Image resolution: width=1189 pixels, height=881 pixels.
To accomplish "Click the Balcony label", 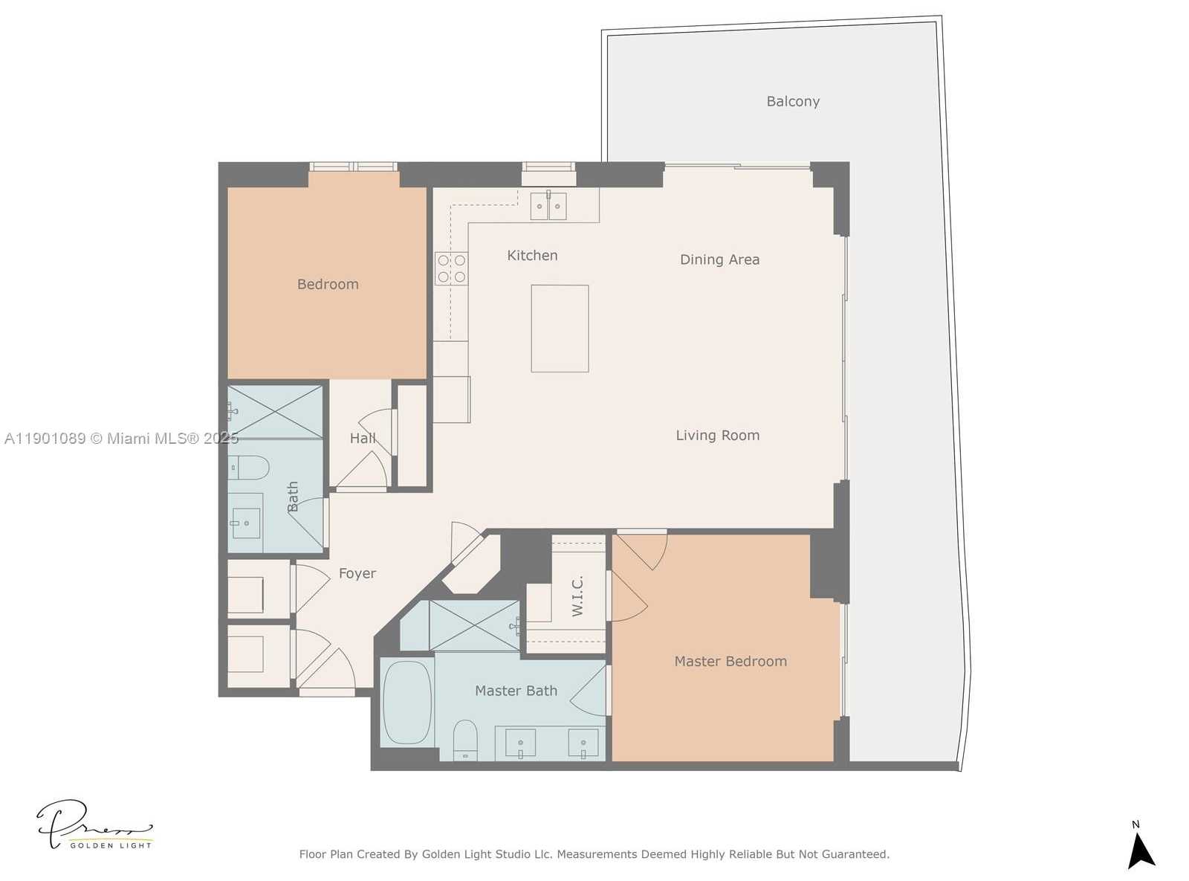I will pos(793,101).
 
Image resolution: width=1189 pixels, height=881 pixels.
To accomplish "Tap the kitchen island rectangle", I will pos(560,328).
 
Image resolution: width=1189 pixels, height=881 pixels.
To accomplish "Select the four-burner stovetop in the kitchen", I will pos(451,268).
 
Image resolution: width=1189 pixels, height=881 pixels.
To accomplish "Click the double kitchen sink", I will pos(548,206).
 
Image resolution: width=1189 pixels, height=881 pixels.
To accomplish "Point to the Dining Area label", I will pos(719,259).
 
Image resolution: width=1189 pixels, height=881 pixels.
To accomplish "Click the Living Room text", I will pos(717,436).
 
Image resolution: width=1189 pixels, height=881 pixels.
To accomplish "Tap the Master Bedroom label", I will pos(730,661).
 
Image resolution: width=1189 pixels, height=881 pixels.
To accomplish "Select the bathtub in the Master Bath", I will pos(406,702).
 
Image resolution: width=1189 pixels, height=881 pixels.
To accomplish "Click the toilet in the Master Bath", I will pos(465,739).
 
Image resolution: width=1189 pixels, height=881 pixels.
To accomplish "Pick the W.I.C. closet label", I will pos(577,595).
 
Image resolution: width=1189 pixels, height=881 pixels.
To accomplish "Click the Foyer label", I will pos(357,573).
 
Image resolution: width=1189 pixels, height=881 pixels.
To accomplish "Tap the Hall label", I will pos(363,439).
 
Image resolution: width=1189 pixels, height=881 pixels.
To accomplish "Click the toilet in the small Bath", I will pos(249,468).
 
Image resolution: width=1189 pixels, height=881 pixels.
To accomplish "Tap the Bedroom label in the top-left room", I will pos(328,284).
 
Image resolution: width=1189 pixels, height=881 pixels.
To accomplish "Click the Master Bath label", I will pos(516,691).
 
